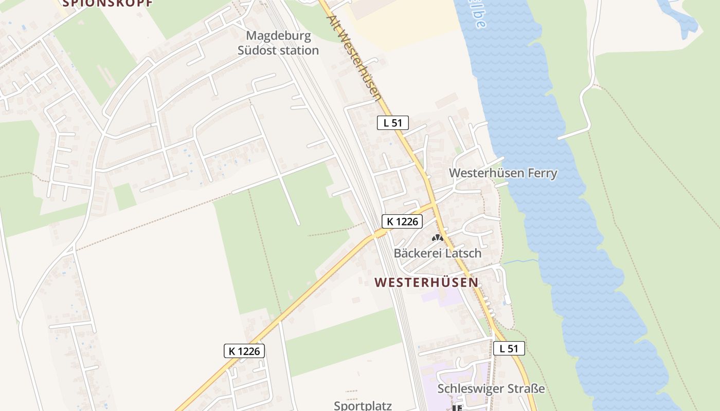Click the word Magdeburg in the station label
click(x=279, y=36)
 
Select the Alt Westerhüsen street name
click(x=355, y=57)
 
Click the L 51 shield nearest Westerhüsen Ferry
click(x=393, y=123)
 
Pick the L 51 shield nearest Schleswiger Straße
click(x=509, y=348)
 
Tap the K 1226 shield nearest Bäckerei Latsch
click(x=402, y=221)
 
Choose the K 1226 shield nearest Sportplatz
click(x=245, y=351)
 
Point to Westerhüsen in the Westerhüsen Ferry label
click(x=480, y=173)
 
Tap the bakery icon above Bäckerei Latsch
click(x=438, y=238)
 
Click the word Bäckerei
click(x=416, y=253)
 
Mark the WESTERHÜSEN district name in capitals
click(x=426, y=283)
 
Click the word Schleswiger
click(x=469, y=389)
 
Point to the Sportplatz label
click(x=363, y=405)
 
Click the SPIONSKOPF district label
click(x=107, y=3)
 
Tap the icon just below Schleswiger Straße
click(x=457, y=408)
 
